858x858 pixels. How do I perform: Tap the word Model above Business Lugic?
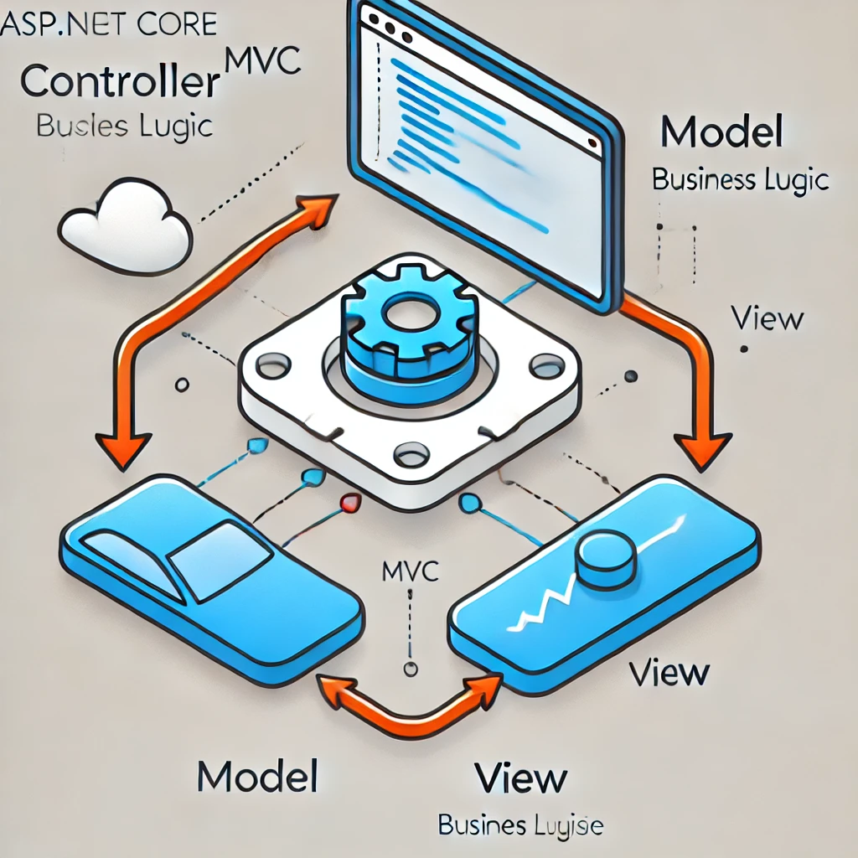coord(721,133)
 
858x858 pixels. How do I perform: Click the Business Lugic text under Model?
coord(740,179)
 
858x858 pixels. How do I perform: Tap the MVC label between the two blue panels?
coord(410,573)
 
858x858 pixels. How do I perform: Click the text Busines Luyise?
coord(519,826)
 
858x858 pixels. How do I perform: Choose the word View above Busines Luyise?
coord(519,778)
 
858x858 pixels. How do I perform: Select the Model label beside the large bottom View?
coord(257,777)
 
